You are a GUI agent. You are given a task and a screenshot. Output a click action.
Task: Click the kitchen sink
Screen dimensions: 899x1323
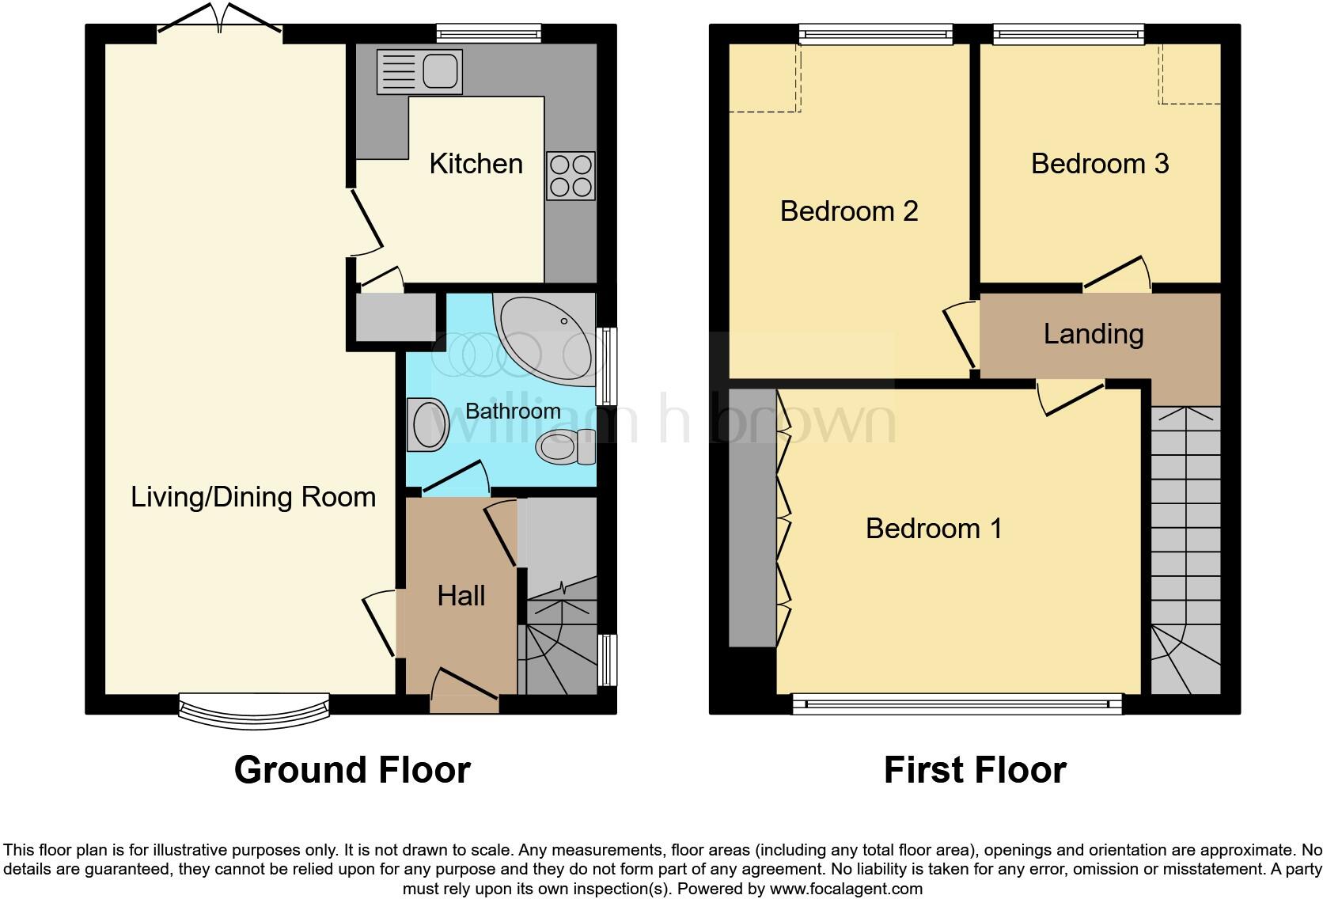(x=420, y=71)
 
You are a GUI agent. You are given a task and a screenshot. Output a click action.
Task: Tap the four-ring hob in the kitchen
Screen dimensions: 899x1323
(x=571, y=176)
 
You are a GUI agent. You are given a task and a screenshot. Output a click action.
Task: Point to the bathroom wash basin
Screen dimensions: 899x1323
(x=428, y=424)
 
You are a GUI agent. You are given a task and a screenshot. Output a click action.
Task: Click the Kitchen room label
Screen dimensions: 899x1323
(x=476, y=164)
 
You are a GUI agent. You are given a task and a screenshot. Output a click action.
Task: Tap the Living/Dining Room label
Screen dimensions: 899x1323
(x=253, y=497)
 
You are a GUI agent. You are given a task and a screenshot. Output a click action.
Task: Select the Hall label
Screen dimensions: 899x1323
(x=461, y=595)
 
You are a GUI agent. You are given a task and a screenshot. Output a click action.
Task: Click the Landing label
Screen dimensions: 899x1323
(x=1093, y=334)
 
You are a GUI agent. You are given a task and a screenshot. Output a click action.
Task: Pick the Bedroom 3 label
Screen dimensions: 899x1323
(x=1099, y=164)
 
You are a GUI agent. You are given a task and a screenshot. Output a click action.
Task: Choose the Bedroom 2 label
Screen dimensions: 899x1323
(x=848, y=211)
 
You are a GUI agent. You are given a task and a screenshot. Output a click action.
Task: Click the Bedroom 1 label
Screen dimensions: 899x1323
(x=934, y=528)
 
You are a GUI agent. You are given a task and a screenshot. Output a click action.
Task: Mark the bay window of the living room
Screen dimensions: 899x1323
(x=253, y=708)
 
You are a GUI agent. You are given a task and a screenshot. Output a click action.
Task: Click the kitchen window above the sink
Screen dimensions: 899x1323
(x=489, y=33)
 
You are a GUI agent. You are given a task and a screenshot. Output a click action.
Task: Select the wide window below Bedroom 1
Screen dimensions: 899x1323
(x=957, y=703)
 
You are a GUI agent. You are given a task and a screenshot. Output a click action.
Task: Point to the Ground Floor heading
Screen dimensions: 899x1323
(x=352, y=770)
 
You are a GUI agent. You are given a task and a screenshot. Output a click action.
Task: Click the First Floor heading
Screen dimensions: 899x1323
(x=975, y=770)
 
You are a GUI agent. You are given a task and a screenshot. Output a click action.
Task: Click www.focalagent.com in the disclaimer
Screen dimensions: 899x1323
(x=846, y=889)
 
